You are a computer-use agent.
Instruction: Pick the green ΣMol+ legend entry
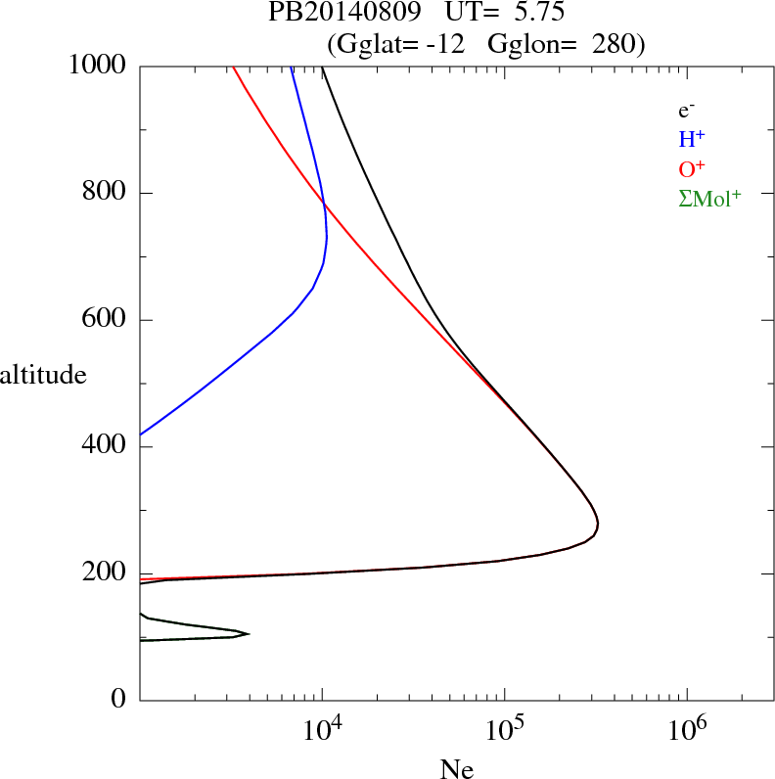(x=709, y=199)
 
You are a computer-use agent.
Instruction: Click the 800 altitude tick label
(x=107, y=192)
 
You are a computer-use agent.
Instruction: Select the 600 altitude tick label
(x=107, y=319)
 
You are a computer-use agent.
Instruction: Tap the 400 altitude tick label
(x=107, y=446)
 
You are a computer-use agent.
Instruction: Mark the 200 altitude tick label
(x=107, y=573)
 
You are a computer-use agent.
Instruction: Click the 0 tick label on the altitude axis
(x=119, y=700)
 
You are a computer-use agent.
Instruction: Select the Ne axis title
(x=457, y=769)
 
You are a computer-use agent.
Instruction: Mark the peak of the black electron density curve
(x=597, y=526)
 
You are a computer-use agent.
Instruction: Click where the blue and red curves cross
(x=324, y=203)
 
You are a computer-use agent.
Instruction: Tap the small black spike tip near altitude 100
(x=249, y=634)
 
